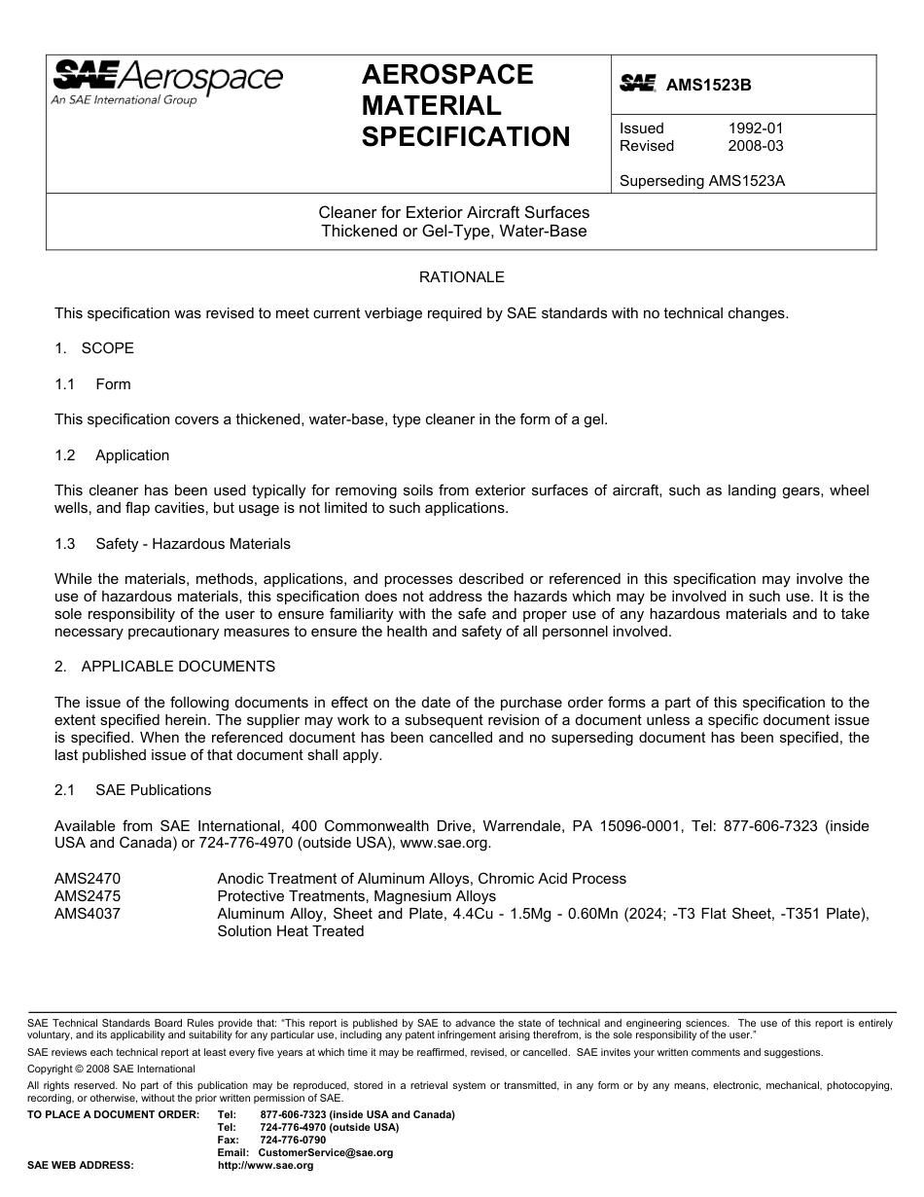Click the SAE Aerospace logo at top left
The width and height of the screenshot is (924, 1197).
[x=167, y=81]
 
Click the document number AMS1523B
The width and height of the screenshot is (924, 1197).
[x=708, y=85]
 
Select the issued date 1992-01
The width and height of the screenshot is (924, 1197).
[x=756, y=128]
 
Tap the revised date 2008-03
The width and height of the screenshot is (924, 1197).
[x=756, y=146]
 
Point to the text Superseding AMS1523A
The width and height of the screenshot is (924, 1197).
[x=701, y=180]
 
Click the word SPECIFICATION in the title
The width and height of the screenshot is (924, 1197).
[x=466, y=137]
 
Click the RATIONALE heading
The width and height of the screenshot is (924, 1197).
[x=461, y=277]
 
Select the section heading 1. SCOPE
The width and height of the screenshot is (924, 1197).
[x=94, y=348]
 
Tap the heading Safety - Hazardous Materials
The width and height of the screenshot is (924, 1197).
[x=193, y=544]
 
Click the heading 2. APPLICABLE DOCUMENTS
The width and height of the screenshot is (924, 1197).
[x=164, y=667]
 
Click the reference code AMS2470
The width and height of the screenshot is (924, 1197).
[x=89, y=879]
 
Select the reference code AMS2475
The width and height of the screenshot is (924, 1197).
[x=89, y=896]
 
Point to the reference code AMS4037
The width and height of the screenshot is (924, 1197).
[x=89, y=914]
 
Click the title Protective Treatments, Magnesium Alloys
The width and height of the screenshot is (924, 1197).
[x=356, y=896]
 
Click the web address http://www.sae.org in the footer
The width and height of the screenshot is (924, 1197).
[x=266, y=1165]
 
